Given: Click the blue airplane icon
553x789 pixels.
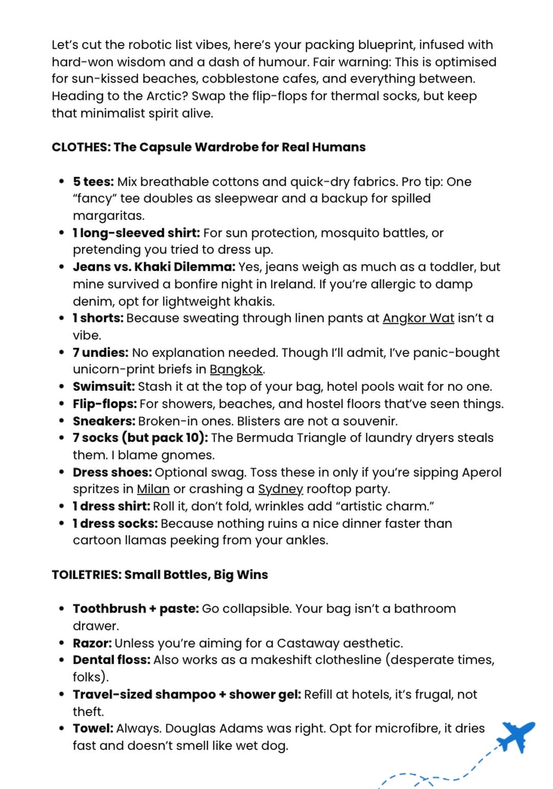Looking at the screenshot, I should [x=518, y=735].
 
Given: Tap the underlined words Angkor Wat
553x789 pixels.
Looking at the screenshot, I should [x=418, y=318].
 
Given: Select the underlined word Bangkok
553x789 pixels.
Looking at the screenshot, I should [x=237, y=369].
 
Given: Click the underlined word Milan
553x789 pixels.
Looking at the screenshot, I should [x=153, y=489].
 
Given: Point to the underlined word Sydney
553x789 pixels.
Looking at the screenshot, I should [x=280, y=489].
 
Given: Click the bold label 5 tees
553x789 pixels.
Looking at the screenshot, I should [x=93, y=182].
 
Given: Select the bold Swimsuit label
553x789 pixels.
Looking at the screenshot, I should [x=104, y=386].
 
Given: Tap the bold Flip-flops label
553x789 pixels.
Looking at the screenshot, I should [x=105, y=404].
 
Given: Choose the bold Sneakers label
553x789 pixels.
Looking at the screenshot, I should [x=104, y=421].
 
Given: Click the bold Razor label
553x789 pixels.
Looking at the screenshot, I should [x=92, y=643].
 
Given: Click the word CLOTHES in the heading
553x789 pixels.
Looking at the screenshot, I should [x=80, y=147].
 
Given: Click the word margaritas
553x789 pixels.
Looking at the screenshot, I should [x=108, y=215].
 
